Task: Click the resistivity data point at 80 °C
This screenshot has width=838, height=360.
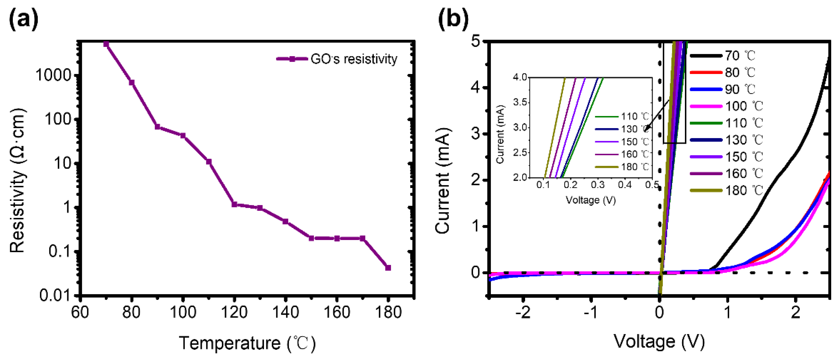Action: click(132, 82)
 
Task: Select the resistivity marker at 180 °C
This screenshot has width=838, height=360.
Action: click(388, 268)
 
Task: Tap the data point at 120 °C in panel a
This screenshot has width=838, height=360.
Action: click(234, 204)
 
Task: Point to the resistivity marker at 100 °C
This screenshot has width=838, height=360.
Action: click(183, 136)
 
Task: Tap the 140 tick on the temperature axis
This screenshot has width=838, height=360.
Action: click(285, 312)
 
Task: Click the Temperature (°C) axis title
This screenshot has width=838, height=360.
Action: click(247, 343)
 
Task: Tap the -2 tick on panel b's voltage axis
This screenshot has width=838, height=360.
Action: click(523, 312)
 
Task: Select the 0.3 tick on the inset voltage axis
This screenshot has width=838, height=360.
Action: click(598, 185)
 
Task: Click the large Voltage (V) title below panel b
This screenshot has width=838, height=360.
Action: click(659, 341)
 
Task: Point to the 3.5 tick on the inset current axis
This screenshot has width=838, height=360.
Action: click(520, 102)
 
